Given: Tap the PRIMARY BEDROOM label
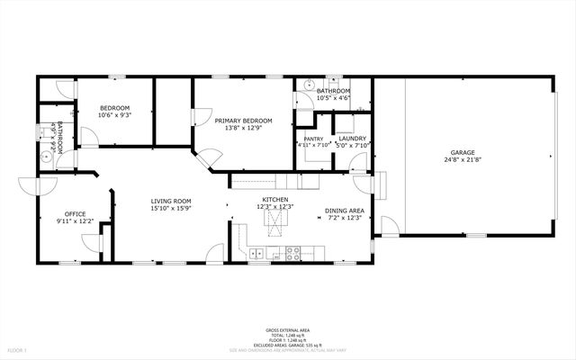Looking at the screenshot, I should [x=242, y=121].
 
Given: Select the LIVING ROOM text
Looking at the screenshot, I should [x=170, y=202].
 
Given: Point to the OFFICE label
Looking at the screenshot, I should [x=74, y=213].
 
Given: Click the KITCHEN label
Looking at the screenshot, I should [x=274, y=200].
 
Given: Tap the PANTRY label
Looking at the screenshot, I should [x=313, y=139].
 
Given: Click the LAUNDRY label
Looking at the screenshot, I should [x=353, y=139].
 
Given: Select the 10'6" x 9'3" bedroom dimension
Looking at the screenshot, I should [x=114, y=115].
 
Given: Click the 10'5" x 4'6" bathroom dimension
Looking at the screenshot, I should [x=332, y=98].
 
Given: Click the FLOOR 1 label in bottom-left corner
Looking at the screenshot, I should [x=17, y=349].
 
